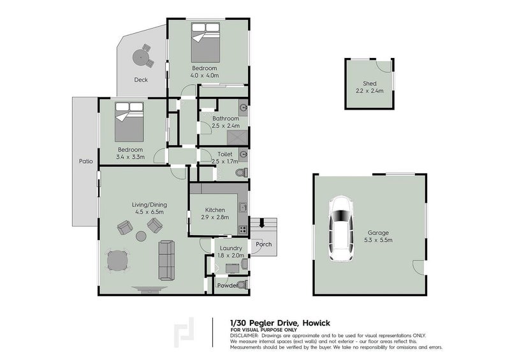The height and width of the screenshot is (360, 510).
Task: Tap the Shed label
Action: (x=370, y=83)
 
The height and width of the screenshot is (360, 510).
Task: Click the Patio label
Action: (x=86, y=161)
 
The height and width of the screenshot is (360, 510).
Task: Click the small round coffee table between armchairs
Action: (x=141, y=236)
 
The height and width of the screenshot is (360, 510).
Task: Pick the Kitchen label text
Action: (x=215, y=209)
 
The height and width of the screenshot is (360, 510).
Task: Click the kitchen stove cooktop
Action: (x=242, y=229)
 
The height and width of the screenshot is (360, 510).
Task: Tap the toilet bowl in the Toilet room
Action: (x=240, y=173)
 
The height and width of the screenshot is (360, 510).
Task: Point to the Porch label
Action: (x=263, y=244)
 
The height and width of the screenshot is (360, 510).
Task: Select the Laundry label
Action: (x=229, y=248)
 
